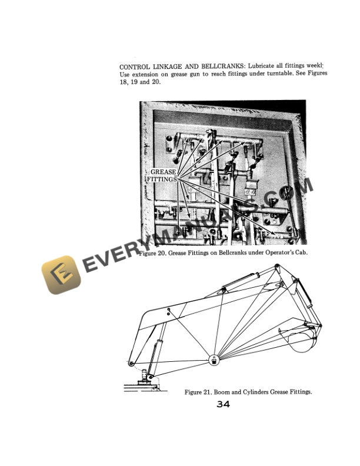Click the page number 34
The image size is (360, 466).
click(223, 404)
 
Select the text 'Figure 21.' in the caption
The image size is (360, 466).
click(200, 392)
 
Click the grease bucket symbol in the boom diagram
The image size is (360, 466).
click(214, 360)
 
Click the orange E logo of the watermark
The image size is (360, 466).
click(61, 275)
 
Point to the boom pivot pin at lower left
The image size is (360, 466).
click(131, 362)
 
